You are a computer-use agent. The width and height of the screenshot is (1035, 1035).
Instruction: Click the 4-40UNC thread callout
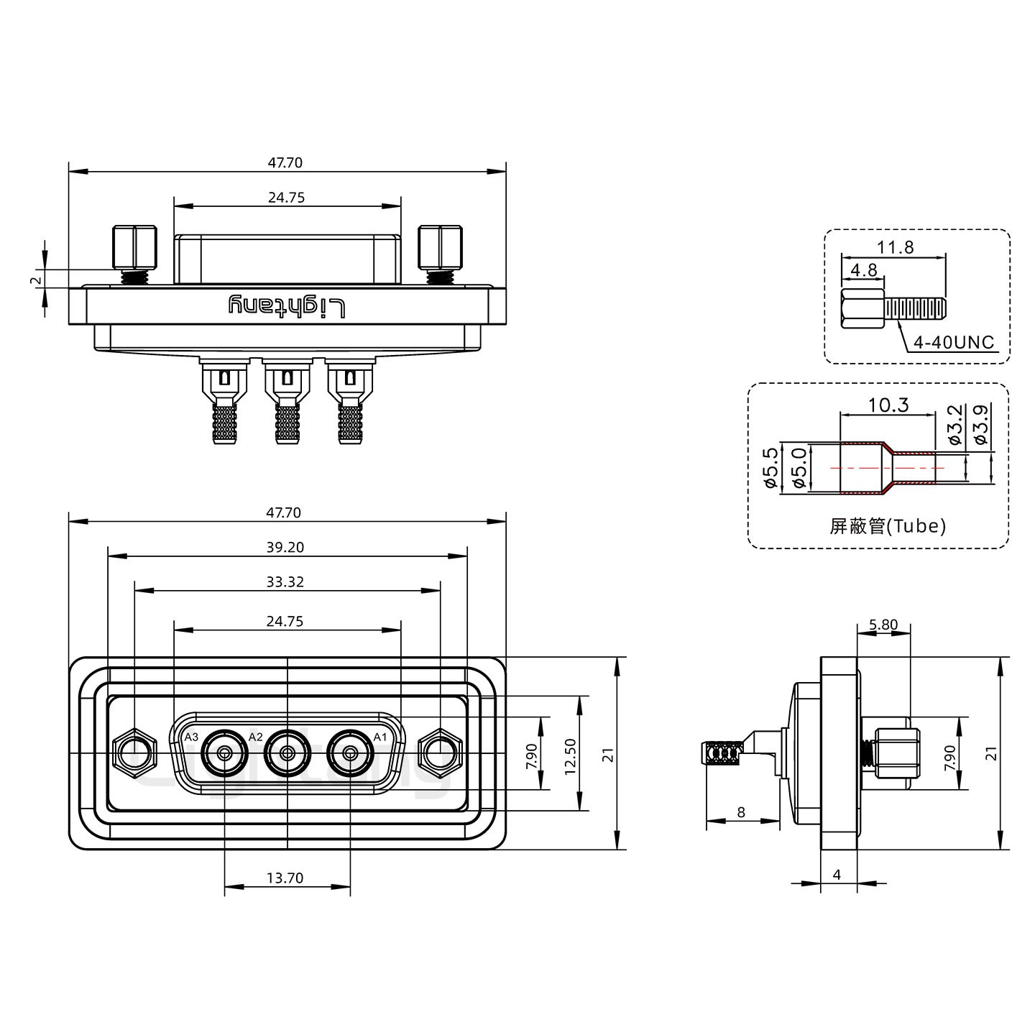click(x=953, y=343)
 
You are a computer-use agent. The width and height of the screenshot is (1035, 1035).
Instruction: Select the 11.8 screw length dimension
click(x=895, y=248)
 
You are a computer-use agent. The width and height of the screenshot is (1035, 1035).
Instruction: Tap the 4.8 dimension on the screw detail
click(x=863, y=271)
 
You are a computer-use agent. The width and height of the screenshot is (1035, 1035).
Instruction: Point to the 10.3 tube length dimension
click(x=888, y=405)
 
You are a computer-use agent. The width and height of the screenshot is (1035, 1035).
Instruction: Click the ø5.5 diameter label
click(x=770, y=469)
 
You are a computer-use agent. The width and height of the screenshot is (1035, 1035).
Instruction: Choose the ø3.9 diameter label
click(x=979, y=423)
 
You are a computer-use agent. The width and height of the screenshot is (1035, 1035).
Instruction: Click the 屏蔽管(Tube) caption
click(x=888, y=526)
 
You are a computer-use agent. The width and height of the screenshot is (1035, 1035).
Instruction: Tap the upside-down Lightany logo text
click(x=287, y=306)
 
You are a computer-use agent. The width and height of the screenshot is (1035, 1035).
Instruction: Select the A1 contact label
click(x=379, y=737)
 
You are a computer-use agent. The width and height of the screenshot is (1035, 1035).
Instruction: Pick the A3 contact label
click(x=191, y=737)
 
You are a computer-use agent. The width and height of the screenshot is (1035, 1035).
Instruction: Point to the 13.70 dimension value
click(x=285, y=878)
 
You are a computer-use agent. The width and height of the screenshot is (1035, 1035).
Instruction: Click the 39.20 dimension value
click(x=285, y=547)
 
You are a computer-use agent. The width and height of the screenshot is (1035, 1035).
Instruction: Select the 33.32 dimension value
click(x=285, y=581)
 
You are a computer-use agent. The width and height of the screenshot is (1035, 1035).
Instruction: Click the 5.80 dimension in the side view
click(x=883, y=625)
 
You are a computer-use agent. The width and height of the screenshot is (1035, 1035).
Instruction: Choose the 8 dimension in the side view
click(x=741, y=813)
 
